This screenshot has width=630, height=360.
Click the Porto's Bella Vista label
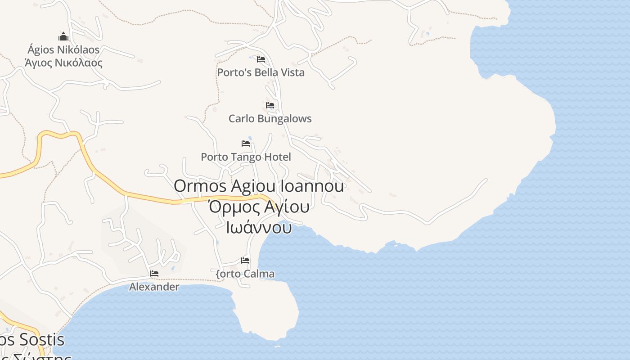pos(261,72)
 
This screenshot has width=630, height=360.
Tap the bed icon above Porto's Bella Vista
pos(261,59)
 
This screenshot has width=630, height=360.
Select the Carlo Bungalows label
pos(270,119)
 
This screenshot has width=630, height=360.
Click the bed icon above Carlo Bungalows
pos(270,105)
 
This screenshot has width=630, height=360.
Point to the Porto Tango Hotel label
pos(246,157)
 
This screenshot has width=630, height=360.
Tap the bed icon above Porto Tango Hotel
pos(246,144)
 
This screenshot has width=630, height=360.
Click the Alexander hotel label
pos(154,287)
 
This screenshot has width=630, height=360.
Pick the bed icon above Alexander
pos(154,274)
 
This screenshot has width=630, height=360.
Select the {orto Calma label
pos(245,274)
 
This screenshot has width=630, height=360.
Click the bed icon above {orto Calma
pos(245,261)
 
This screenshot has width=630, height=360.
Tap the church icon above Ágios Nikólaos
pos(63,36)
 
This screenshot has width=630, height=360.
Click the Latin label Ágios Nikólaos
pos(63,49)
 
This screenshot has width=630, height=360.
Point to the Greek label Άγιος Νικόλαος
pos(63,63)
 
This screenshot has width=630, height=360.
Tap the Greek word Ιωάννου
pos(259,227)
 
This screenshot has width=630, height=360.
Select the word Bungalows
pos(283,119)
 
